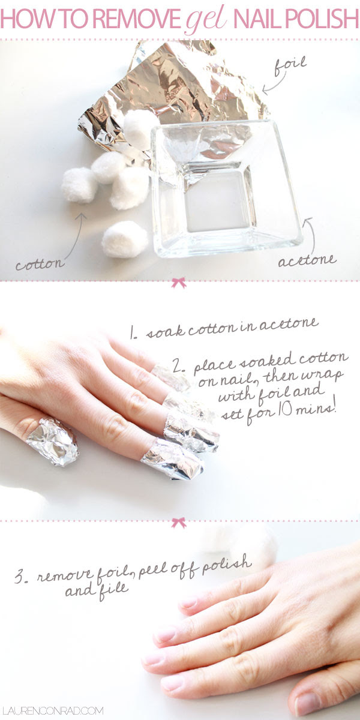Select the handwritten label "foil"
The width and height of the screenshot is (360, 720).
coord(290,66)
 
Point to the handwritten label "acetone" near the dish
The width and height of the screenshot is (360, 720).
coord(307,260)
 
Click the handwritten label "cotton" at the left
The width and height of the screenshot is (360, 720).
coord(41,264)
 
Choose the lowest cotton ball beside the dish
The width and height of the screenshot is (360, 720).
coord(125,239)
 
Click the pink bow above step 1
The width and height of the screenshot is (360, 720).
coord(179,283)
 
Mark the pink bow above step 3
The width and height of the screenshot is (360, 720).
coord(179,523)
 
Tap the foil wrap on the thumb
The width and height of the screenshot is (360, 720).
coord(53,442)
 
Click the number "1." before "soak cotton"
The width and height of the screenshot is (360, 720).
coord(133,333)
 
